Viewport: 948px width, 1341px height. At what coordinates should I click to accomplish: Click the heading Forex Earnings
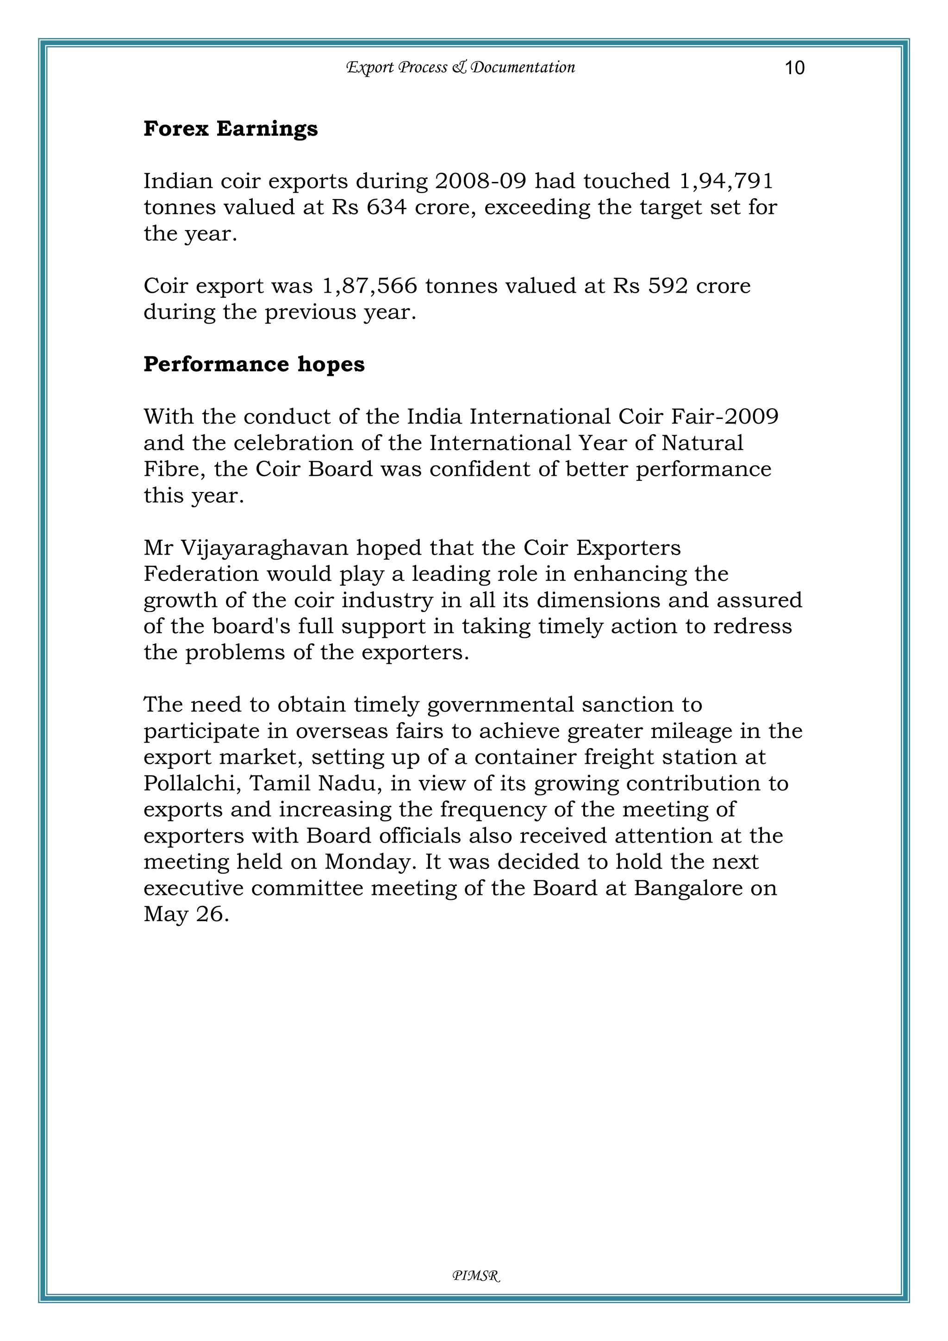[231, 129]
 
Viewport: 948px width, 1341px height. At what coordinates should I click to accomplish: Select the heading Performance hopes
[254, 364]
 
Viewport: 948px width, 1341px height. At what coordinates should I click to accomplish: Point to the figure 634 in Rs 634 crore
[386, 207]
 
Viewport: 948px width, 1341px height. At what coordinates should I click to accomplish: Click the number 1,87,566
[370, 286]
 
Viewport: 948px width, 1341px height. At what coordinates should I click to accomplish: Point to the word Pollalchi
[192, 783]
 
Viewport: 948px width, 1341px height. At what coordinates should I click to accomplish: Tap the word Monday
[370, 862]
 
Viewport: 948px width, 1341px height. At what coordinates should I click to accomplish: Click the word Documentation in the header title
[523, 67]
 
